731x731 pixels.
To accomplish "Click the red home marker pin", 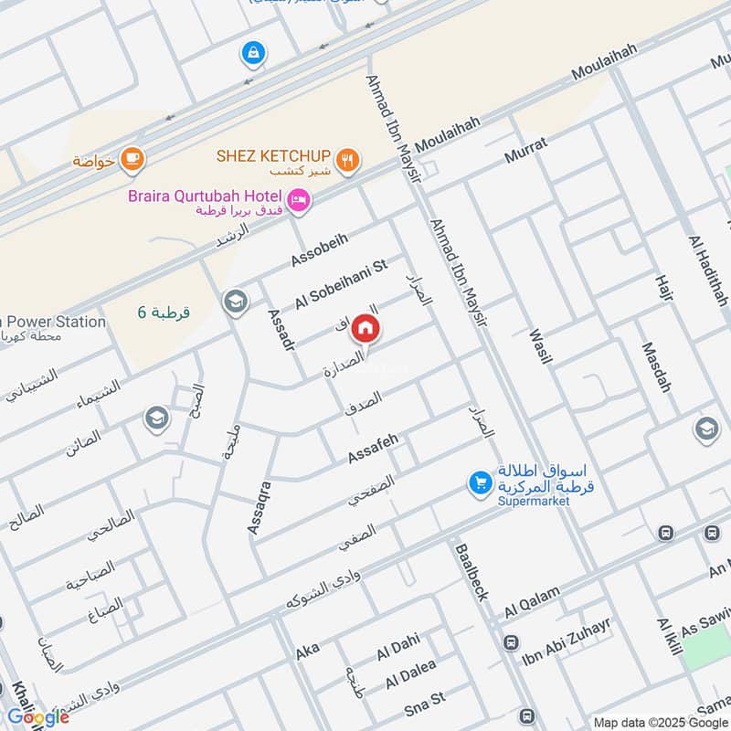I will click(x=365, y=327).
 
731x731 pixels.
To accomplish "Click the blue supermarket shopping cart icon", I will click(x=479, y=483).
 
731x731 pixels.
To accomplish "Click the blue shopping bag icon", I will click(x=253, y=54).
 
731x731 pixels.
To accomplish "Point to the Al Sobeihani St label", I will click(x=342, y=284).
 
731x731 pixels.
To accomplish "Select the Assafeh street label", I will click(x=373, y=449).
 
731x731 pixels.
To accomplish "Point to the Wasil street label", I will click(x=540, y=343).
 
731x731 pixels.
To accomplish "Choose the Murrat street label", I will click(x=525, y=151).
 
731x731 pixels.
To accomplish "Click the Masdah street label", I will click(x=655, y=367).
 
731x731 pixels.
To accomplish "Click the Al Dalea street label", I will click(x=410, y=674).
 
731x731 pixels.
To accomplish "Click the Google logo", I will click(x=38, y=717).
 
